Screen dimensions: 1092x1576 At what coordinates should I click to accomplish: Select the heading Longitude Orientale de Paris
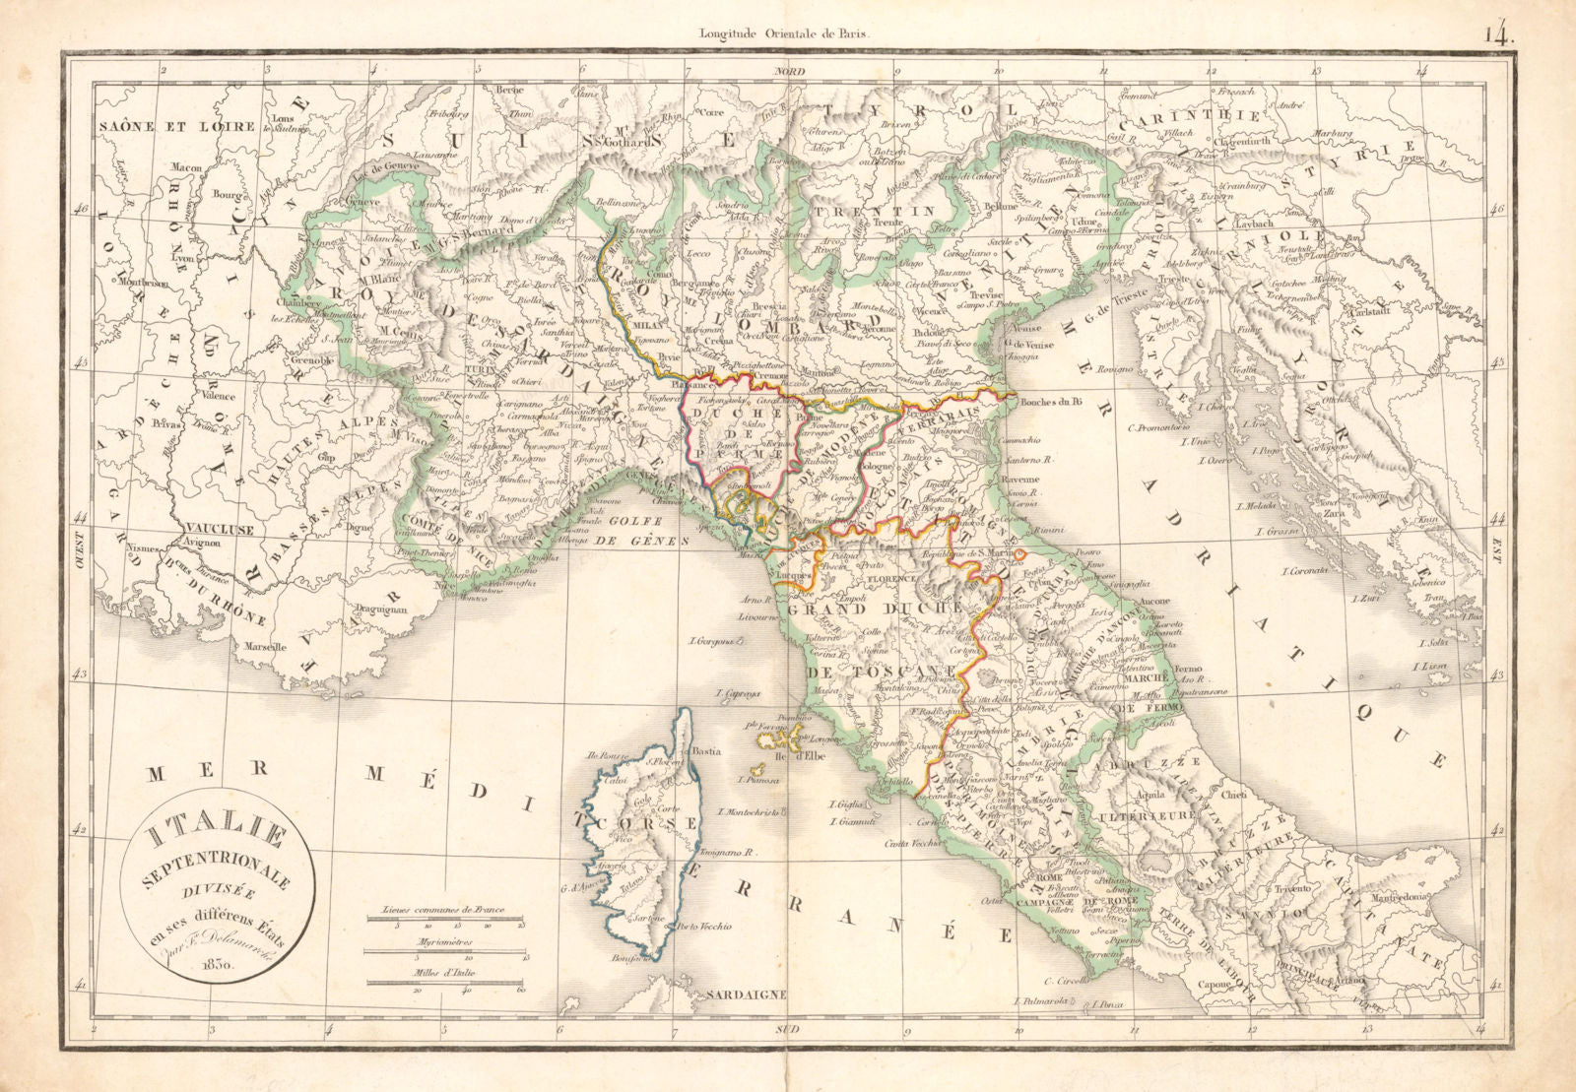(785, 32)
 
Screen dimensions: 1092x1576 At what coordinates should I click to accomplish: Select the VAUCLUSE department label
(217, 529)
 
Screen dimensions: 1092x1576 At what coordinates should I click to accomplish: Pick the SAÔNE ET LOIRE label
(176, 126)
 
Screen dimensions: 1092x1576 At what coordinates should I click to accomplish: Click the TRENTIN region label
(899, 212)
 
